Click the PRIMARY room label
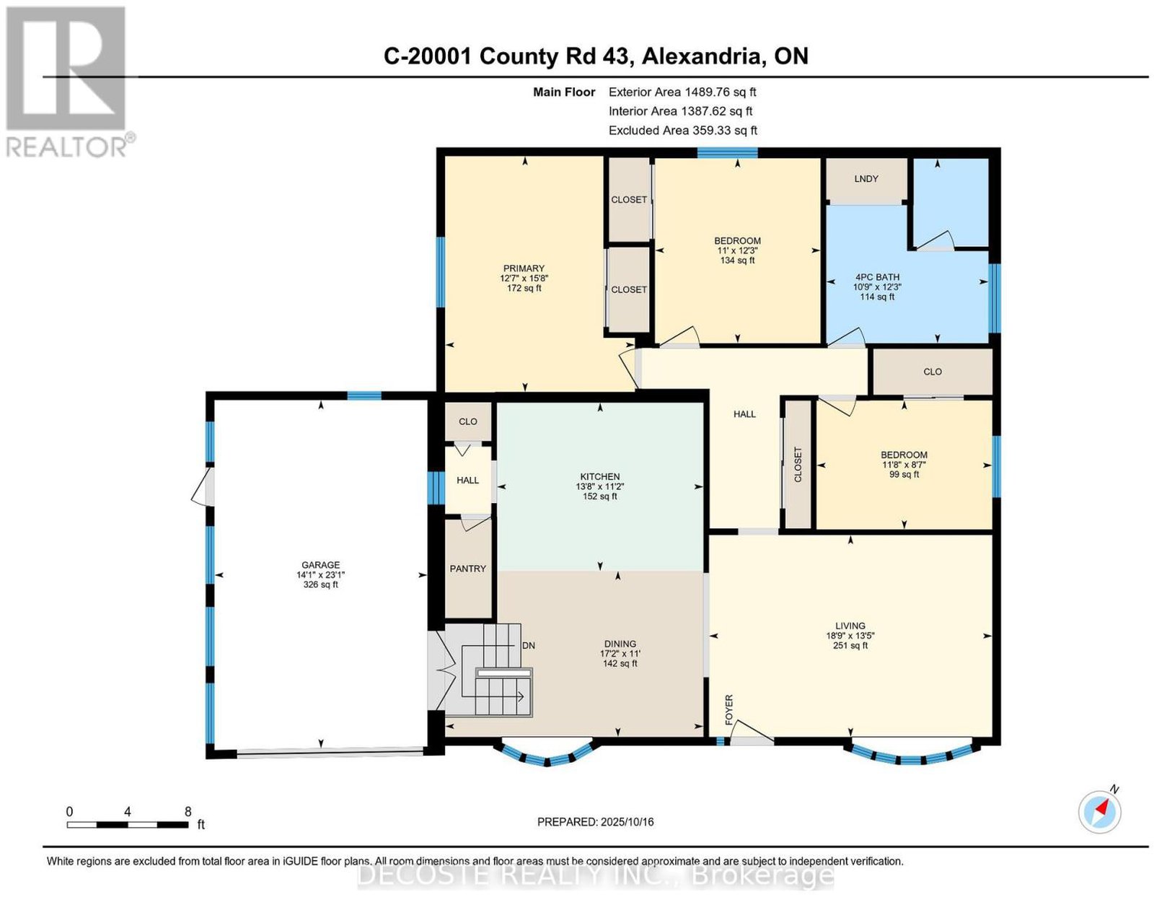[x=524, y=268]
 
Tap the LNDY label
[x=865, y=179]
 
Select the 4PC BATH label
[x=877, y=277]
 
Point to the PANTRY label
[x=467, y=568]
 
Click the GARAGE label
[x=320, y=565]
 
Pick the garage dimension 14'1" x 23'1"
[x=320, y=574]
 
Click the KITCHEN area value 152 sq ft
[x=599, y=496]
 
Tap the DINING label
[x=620, y=644]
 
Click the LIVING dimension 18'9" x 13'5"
[x=850, y=636]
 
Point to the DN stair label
[x=529, y=646]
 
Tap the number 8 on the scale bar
[x=188, y=812]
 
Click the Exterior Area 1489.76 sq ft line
[x=682, y=92]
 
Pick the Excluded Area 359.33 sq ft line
[x=682, y=130]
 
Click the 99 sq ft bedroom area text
[x=903, y=474]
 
